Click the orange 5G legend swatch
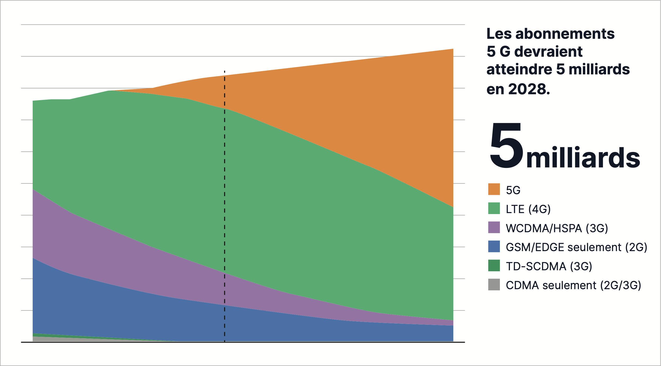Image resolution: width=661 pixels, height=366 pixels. (x=494, y=189)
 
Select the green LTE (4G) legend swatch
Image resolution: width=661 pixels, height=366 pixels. (x=494, y=208)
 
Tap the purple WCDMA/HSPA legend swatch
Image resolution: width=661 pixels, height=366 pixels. (x=494, y=227)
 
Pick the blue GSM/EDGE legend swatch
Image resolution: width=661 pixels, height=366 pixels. (x=494, y=246)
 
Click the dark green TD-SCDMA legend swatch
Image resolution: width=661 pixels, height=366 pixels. (x=494, y=265)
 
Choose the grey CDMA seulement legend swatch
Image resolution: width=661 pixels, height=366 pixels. (x=494, y=285)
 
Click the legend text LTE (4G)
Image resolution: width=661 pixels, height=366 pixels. (x=528, y=209)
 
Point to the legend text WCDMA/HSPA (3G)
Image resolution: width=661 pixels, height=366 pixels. (x=557, y=228)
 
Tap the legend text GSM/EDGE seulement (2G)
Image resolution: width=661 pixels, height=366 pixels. (x=576, y=247)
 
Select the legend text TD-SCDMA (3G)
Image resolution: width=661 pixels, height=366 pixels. (x=549, y=266)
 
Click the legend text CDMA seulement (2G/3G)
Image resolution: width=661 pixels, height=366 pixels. (x=573, y=285)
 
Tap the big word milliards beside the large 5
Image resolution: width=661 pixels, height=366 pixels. (x=583, y=157)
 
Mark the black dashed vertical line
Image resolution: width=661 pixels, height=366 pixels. (x=225, y=205)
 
